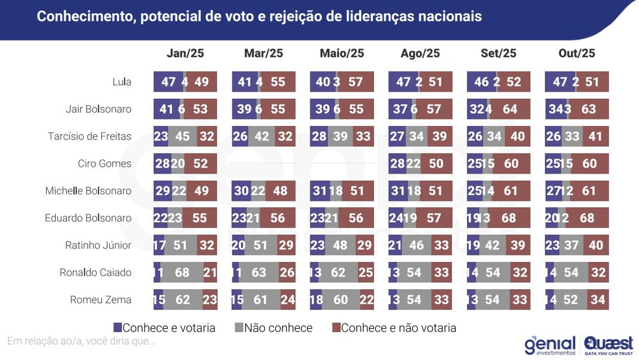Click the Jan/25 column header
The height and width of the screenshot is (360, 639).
coord(186,53)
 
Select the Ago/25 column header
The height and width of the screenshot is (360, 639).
coord(420,53)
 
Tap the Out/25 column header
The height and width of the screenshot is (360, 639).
coord(577,53)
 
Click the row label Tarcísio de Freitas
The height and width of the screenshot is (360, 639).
coord(90,136)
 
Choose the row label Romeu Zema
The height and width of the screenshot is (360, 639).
coord(101,300)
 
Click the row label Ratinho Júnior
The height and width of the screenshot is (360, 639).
coord(97,246)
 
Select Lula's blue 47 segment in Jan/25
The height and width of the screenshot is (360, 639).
coord(168,82)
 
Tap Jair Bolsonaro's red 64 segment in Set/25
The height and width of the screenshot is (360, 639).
coord(511,109)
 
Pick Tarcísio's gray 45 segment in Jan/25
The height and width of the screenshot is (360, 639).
coord(182,136)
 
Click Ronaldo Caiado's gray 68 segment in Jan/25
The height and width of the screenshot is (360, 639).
coord(182,272)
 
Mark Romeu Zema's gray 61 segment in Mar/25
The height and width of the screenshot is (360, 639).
coord(260,300)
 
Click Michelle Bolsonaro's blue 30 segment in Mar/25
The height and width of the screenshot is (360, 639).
coord(241,191)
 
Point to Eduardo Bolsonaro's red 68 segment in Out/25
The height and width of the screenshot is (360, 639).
coord(587,218)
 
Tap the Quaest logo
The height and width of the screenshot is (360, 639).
coord(608,345)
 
